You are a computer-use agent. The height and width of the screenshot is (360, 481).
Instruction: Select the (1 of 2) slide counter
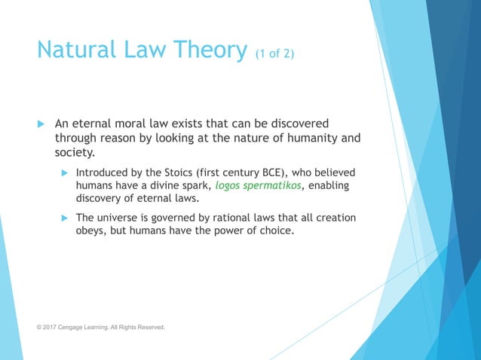point(274,54)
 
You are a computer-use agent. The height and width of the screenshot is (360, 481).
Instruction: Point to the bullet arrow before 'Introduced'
point(64,173)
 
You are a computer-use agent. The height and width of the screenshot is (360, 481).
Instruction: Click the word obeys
point(91,230)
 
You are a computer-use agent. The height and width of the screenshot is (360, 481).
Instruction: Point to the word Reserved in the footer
point(149,328)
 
